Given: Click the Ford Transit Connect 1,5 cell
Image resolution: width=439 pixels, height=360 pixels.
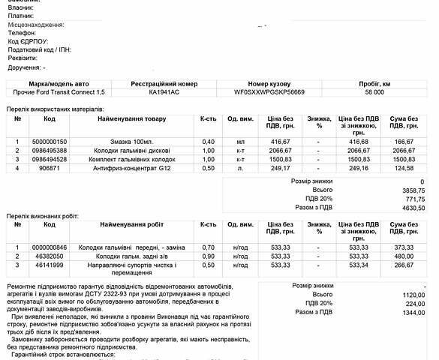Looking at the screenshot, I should (x=60, y=91).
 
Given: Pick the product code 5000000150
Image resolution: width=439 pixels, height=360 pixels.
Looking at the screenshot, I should (x=50, y=141).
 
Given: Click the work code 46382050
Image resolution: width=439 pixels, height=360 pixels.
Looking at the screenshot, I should (x=50, y=256).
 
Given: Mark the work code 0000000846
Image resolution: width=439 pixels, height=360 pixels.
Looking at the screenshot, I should (x=50, y=247).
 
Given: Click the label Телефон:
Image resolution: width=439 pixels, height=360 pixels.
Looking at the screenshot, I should (x=22, y=34).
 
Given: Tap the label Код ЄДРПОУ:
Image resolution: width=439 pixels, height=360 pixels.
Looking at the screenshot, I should (x=28, y=42).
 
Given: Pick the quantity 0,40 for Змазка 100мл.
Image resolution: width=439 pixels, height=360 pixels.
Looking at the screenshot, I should (x=208, y=141).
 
